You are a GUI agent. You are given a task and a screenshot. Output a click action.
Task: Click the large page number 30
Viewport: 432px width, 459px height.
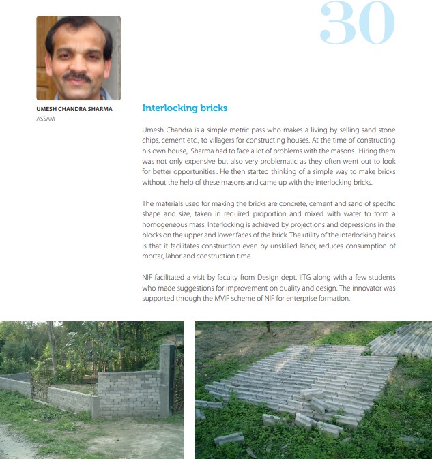point(357,25)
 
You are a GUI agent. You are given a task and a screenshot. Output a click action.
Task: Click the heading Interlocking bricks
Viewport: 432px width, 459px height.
point(184,108)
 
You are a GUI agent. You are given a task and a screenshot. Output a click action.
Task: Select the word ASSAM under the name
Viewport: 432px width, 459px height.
point(46,119)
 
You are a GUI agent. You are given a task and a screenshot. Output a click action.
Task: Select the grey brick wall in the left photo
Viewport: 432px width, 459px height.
point(129,393)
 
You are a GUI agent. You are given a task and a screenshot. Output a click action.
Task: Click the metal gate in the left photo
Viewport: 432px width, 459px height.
point(40,385)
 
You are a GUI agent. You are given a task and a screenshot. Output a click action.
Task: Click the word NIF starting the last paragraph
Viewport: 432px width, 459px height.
point(149,277)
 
